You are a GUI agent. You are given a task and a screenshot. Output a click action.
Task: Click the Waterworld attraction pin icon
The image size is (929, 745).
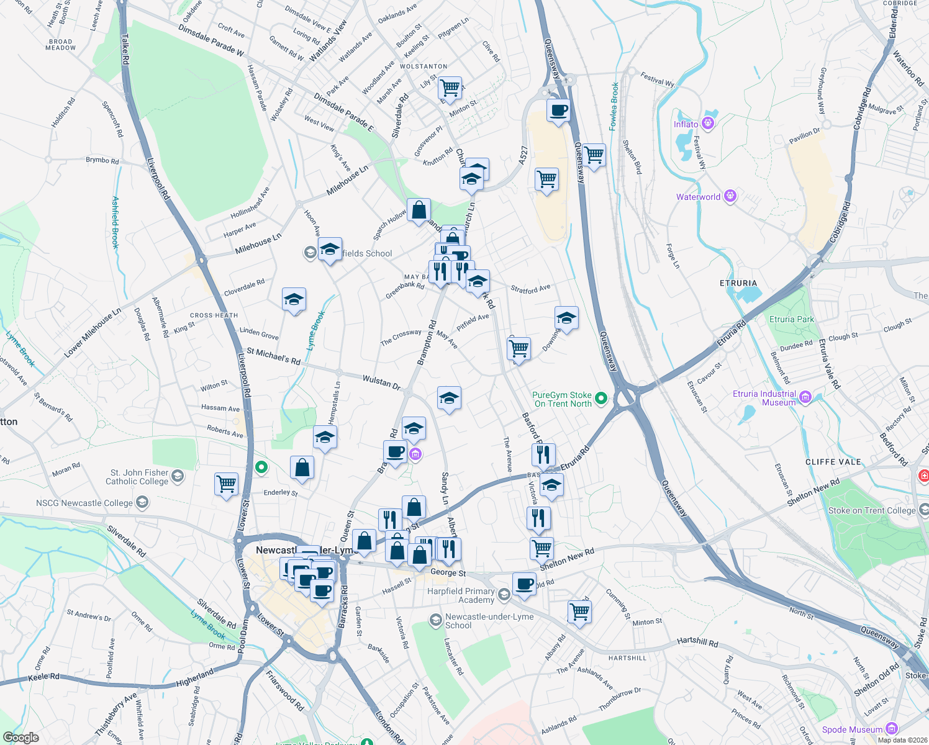730,197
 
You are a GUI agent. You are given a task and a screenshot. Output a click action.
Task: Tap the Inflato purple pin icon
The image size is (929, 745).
707,124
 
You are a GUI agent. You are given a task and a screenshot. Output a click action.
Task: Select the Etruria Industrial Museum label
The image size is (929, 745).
764,398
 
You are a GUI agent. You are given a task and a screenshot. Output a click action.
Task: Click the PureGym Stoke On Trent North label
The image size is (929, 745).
563,399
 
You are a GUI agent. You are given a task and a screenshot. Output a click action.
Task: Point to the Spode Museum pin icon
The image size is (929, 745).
892,728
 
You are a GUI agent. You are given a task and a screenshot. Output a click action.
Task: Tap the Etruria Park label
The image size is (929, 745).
791,319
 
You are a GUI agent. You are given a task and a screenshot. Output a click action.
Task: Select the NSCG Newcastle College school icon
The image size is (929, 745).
142,502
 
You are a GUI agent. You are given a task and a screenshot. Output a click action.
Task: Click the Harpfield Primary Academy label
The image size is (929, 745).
461,595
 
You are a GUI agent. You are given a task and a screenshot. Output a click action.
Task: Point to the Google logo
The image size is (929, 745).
20,738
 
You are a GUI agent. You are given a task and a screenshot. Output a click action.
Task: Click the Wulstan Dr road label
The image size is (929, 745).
381,381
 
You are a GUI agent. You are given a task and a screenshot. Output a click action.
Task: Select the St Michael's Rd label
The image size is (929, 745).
273,356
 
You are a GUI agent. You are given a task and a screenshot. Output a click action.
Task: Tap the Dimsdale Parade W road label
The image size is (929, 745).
211,40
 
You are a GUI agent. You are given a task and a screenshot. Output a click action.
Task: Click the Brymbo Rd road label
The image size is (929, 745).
102,160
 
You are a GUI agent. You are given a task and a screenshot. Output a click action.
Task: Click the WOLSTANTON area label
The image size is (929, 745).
424,66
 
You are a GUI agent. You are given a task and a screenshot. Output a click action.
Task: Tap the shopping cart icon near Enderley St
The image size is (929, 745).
226,483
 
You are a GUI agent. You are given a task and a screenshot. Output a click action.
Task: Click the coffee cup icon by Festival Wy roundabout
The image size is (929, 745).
558,110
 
